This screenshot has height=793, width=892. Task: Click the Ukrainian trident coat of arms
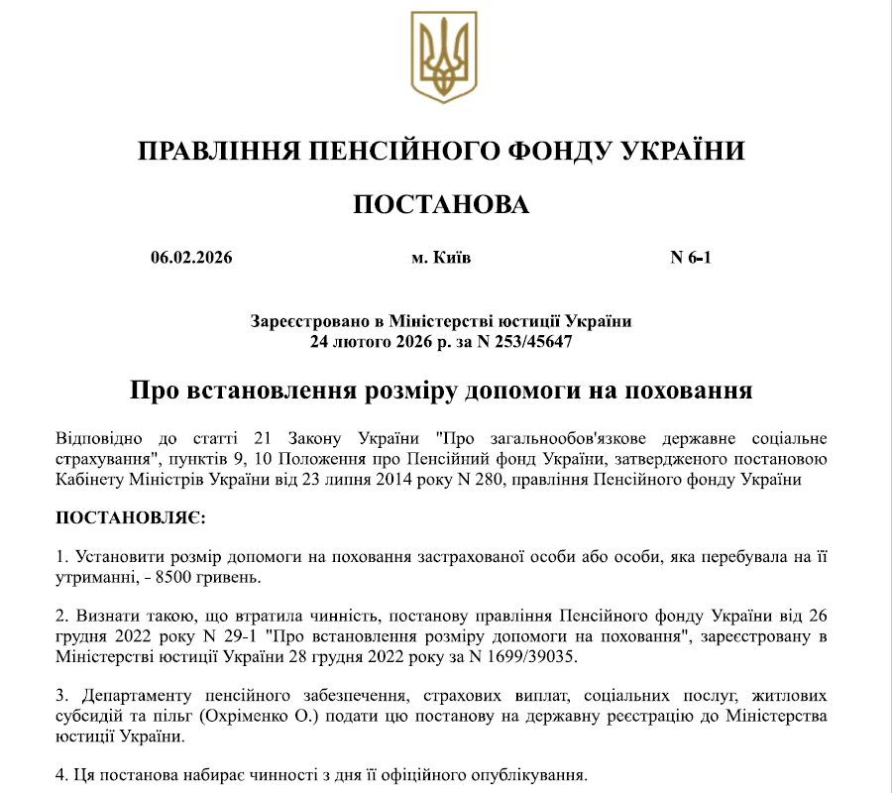(445, 58)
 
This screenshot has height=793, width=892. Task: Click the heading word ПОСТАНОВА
(441, 204)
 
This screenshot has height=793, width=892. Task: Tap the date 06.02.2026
(191, 259)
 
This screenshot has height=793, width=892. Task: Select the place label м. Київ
(441, 259)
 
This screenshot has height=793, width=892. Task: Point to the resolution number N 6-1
(691, 259)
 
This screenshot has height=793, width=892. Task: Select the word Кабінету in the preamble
(86, 480)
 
